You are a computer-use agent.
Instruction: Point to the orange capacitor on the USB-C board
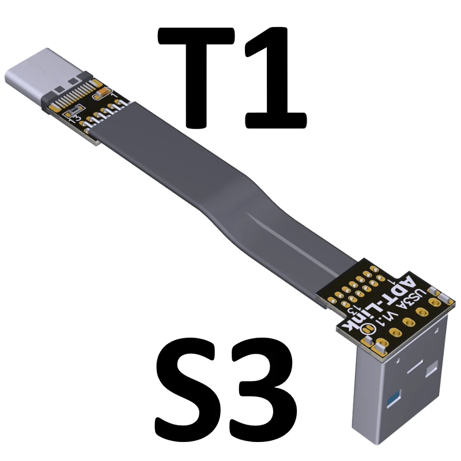pos(101,91)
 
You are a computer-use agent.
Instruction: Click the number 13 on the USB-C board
pos(74,119)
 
